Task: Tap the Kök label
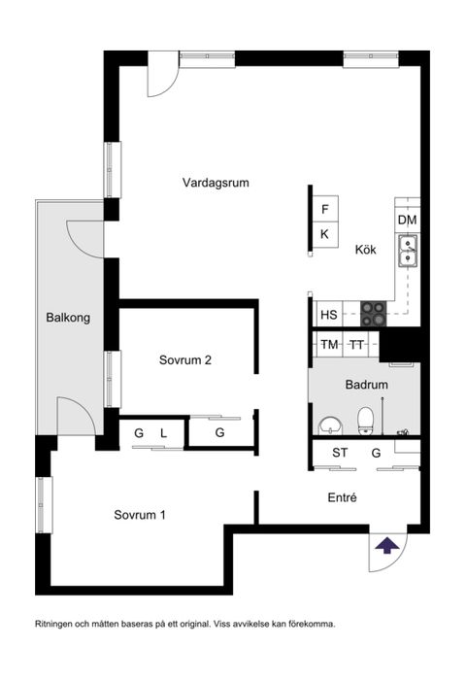365,250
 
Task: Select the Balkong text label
68,318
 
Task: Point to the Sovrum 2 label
185,359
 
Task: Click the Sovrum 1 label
139,514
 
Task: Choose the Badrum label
367,385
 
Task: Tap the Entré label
343,497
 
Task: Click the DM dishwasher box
408,221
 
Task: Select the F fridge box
325,210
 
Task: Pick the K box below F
325,234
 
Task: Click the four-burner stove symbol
374,313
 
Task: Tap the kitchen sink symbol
408,252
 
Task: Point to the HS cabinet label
328,315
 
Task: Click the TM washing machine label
329,345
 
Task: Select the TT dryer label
357,345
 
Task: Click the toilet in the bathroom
366,420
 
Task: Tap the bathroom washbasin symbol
330,424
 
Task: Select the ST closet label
340,453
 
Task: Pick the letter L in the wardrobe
164,432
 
